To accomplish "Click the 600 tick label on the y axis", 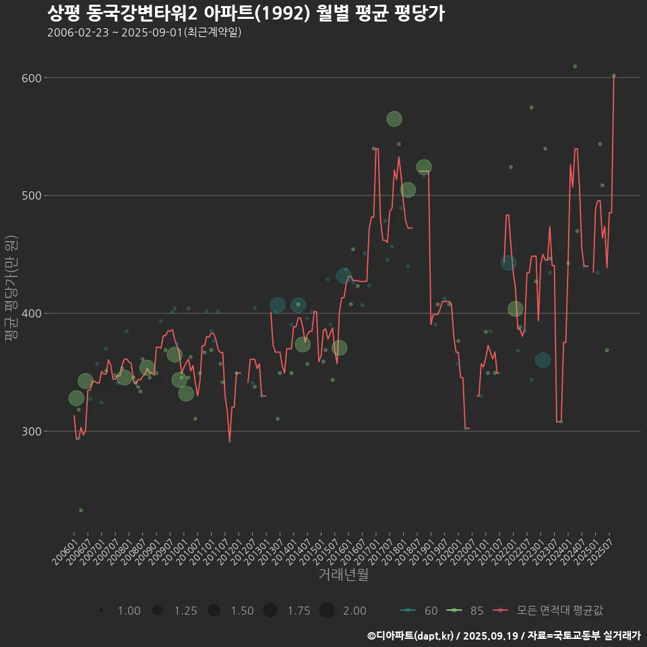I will [x=32, y=78].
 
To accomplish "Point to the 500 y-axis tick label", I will [x=32, y=196].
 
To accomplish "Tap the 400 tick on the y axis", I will [x=32, y=314].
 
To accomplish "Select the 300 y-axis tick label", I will [x=32, y=432].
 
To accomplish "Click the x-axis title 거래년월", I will [x=344, y=575].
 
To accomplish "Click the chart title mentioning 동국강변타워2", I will [x=246, y=13].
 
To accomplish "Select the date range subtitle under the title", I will [x=144, y=32].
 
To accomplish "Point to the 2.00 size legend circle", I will [x=327, y=611].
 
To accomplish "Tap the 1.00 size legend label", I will [x=129, y=611].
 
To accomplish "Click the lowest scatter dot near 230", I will [x=81, y=510].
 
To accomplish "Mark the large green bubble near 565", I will [x=394, y=119].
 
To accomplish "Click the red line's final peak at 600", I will [x=613, y=76].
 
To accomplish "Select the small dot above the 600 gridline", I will [x=575, y=66].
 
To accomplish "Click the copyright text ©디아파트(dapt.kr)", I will [x=411, y=635].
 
